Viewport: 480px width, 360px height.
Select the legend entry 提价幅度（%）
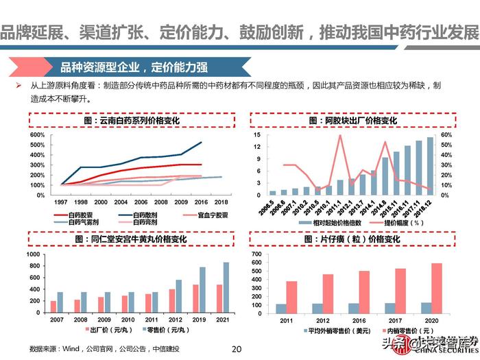pyautogui.click(x=403, y=222)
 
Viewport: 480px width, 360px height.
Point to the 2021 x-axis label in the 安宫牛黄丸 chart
pyautogui.click(x=221, y=320)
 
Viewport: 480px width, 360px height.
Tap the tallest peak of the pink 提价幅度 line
pyautogui.click(x=339, y=136)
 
